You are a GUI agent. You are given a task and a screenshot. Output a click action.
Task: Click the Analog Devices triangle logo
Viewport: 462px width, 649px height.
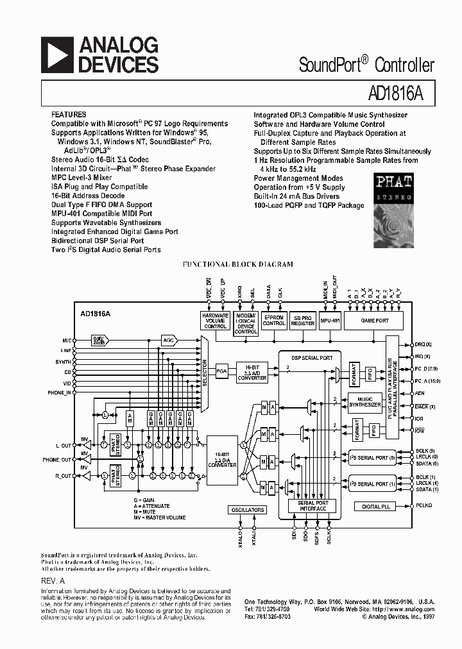coord(57,55)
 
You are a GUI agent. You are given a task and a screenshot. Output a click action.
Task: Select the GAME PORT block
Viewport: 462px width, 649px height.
coord(375,320)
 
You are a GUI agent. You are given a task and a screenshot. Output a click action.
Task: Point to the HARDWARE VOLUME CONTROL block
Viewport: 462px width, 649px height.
coord(216,321)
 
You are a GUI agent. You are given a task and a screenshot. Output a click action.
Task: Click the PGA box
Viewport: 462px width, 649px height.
coord(222,371)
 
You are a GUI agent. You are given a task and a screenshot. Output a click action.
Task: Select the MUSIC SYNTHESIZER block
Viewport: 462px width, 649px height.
coord(364,402)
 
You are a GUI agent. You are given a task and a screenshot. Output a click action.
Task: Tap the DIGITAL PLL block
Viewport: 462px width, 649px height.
coord(376,507)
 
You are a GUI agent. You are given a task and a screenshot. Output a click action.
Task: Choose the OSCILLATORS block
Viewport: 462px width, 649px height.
coord(247,510)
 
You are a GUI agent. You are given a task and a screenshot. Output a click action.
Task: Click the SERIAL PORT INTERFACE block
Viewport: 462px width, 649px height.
coord(312,506)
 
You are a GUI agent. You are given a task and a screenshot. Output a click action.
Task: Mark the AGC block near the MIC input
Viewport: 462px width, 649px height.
coord(169,341)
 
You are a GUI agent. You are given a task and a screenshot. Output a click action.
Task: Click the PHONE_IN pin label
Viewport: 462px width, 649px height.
coord(58,392)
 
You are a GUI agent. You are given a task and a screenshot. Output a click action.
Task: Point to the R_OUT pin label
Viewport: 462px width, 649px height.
coord(62,476)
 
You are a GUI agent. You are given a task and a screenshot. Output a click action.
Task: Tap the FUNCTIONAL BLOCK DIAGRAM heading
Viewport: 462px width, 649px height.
coord(237,264)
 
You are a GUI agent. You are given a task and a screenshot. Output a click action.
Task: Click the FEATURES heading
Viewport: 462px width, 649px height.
coord(69,115)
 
